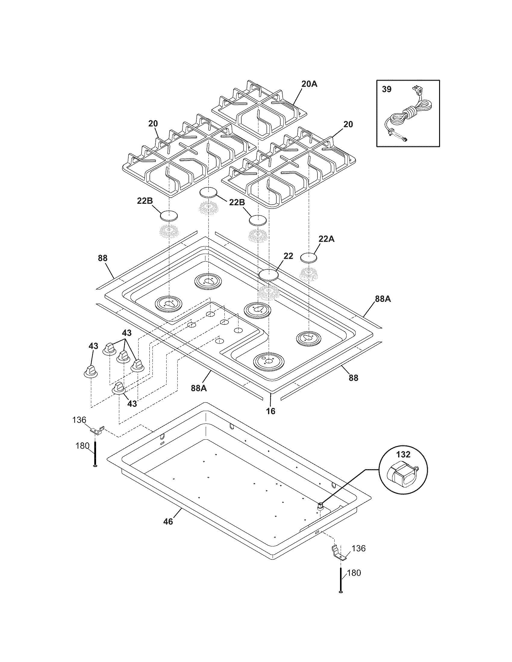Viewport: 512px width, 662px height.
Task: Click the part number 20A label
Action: (309, 84)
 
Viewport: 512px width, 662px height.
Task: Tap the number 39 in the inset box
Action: (386, 89)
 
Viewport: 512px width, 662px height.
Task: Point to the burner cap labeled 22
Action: (268, 275)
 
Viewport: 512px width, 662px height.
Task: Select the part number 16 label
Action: (270, 411)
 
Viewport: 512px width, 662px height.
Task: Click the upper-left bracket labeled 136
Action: (98, 430)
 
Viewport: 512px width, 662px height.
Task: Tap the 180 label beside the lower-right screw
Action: (354, 573)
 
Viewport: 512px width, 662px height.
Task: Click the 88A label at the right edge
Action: (383, 299)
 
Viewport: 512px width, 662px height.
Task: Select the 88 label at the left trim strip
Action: (102, 258)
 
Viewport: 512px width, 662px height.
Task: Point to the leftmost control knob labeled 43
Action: (90, 371)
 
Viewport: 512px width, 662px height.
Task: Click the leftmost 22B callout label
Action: (145, 201)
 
